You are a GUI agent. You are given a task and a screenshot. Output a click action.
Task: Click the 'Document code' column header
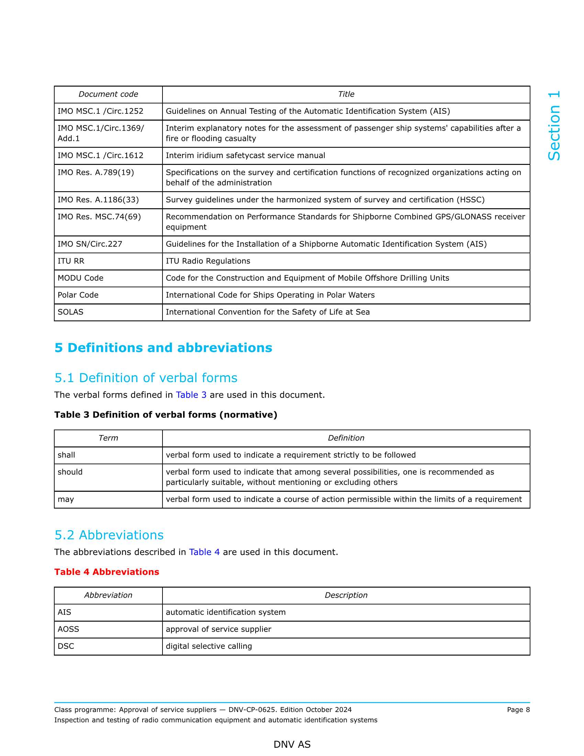tap(108, 94)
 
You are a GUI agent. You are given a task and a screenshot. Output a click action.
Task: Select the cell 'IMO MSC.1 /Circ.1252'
tap(100, 111)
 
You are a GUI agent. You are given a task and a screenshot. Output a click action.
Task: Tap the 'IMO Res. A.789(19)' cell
tap(96, 173)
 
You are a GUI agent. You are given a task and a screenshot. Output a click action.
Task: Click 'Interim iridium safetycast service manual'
tap(245, 155)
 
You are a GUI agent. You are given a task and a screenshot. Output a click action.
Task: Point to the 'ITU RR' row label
tap(71, 261)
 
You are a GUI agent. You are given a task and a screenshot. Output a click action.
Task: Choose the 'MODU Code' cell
tap(81, 278)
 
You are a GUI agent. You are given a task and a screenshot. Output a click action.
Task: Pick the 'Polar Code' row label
tap(78, 295)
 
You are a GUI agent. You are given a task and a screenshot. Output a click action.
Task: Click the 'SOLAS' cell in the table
tap(70, 312)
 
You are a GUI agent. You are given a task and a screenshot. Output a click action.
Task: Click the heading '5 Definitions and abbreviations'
tap(163, 348)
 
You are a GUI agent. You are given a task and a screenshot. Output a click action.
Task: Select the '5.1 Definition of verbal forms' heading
tap(146, 378)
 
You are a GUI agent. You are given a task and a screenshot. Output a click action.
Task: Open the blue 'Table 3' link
tap(191, 395)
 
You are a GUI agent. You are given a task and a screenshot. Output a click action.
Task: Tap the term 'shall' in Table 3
tap(66, 455)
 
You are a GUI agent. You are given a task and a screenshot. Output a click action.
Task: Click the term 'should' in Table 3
tap(70, 472)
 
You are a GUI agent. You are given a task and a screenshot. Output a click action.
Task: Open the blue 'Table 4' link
tap(204, 552)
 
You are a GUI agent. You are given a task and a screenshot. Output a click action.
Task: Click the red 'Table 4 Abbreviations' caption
tap(106, 572)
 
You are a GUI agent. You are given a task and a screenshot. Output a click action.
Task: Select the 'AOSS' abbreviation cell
tap(68, 629)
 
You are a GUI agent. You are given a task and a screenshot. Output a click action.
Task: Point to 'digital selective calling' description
tap(209, 646)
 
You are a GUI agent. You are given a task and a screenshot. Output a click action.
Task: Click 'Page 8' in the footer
tap(518, 710)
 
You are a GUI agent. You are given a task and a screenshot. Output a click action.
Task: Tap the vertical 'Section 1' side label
tap(554, 126)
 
